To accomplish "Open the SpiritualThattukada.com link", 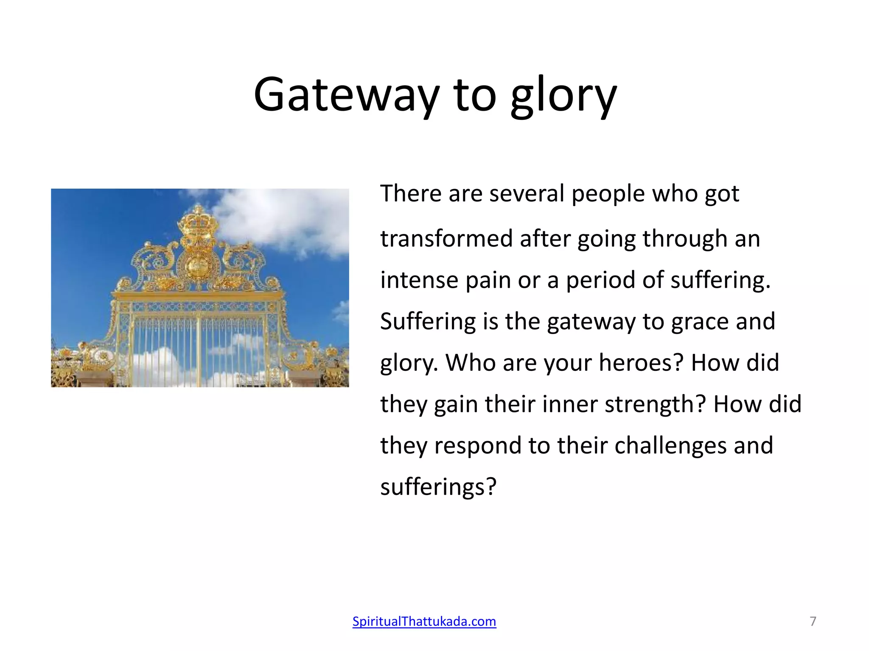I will pyautogui.click(x=424, y=621).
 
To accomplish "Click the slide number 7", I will pyautogui.click(x=813, y=621).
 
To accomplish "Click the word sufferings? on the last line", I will pyautogui.click(x=438, y=487).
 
